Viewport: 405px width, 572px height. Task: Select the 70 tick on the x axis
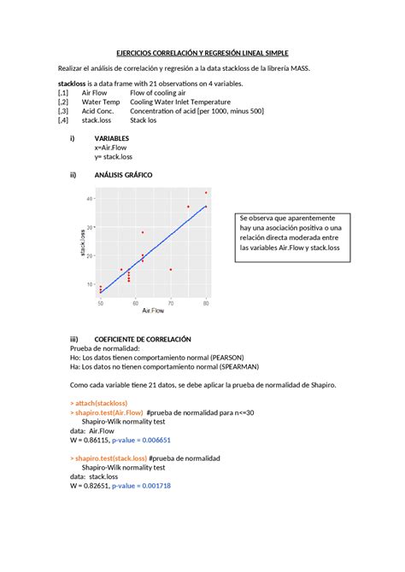point(171,303)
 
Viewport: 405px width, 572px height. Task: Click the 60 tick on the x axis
point(136,303)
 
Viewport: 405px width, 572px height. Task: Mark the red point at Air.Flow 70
point(171,270)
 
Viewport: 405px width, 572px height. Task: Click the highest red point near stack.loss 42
point(206,193)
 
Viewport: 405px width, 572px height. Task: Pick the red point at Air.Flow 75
point(189,207)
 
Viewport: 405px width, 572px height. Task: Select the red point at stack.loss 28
point(143,232)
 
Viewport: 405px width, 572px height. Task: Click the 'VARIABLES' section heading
point(112,137)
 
